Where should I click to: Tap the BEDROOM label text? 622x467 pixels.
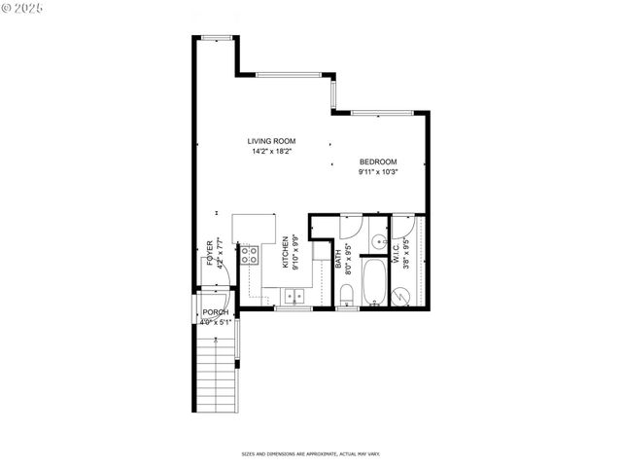(x=378, y=162)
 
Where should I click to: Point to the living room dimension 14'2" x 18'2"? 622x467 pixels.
(x=271, y=152)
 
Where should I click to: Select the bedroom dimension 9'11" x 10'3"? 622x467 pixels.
(x=378, y=172)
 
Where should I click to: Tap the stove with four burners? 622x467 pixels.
(x=250, y=255)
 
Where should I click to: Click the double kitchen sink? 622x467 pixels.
(x=294, y=296)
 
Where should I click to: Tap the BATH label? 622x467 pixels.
(x=339, y=260)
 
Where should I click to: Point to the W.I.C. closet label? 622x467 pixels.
(x=397, y=252)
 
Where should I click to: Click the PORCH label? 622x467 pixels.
(x=215, y=311)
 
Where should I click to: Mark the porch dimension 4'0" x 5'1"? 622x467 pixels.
(x=215, y=321)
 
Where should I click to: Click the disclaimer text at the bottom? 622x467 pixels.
(x=310, y=453)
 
